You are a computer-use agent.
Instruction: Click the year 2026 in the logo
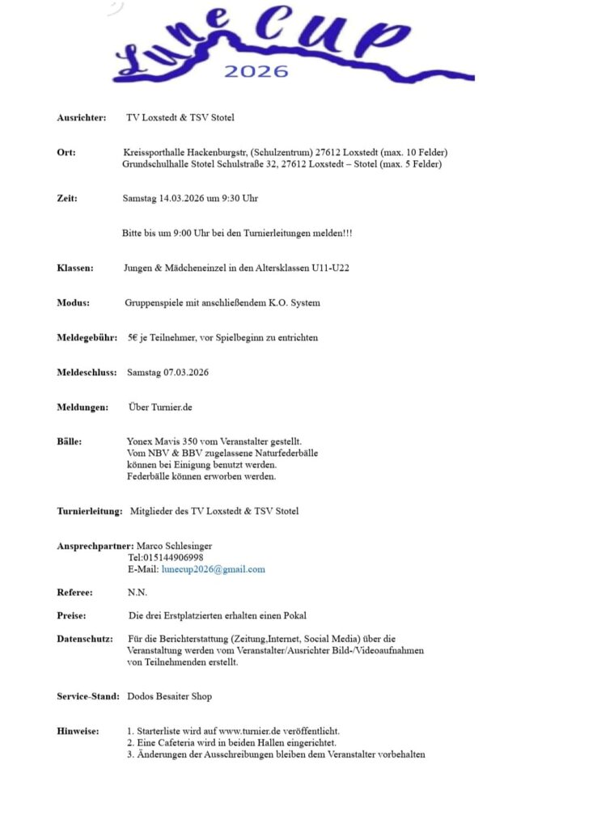[x=256, y=71]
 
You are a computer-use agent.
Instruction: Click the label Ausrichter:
[x=82, y=118]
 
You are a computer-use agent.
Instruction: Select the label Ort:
[x=66, y=153]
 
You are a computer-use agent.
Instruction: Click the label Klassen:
[x=75, y=268]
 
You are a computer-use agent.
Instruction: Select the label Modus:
[x=74, y=303]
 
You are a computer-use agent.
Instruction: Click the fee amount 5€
[x=133, y=338]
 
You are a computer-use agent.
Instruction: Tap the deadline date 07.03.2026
[x=185, y=373]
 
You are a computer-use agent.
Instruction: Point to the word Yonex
[x=139, y=442]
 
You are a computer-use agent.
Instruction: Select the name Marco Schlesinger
[x=176, y=546]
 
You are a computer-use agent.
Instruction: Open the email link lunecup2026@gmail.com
[x=214, y=569]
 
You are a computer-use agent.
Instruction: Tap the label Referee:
[x=74, y=593]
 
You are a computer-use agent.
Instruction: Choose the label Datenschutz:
[x=85, y=639]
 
